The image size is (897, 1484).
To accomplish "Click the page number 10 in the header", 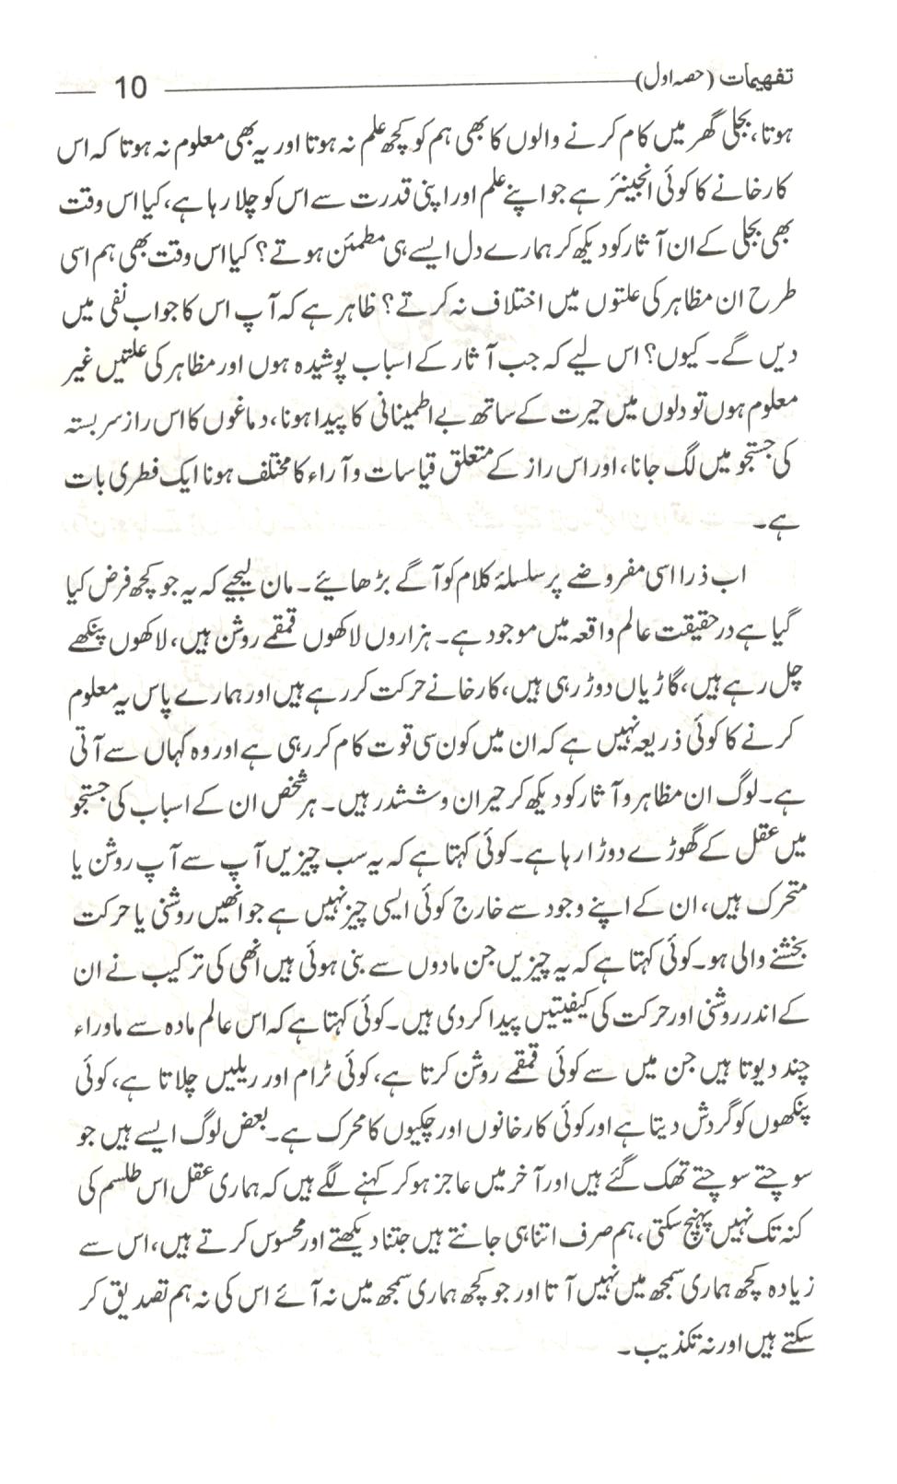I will pos(129,88).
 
